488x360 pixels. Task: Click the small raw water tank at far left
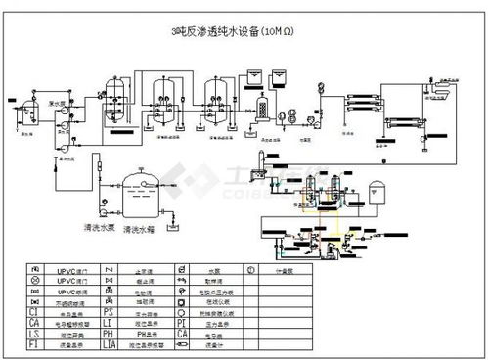coord(26,108)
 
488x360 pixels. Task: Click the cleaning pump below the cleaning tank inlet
coord(101,207)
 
